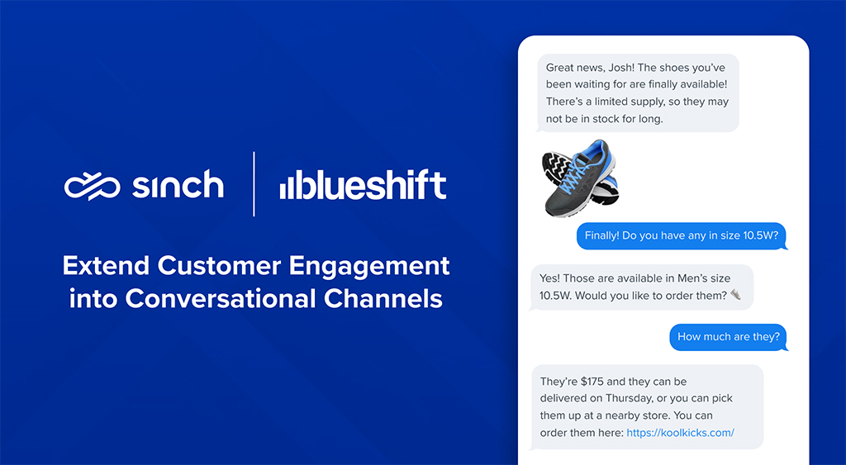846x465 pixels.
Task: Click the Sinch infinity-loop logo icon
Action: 92,187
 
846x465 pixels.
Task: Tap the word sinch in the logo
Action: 178,185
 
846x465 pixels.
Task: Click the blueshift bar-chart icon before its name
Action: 290,187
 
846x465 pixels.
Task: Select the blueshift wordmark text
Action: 373,184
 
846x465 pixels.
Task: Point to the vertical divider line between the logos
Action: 254,184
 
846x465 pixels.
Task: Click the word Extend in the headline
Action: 106,265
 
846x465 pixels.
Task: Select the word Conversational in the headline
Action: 220,299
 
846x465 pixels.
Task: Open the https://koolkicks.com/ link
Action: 681,433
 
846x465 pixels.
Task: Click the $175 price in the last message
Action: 592,382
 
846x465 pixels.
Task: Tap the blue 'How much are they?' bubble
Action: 729,337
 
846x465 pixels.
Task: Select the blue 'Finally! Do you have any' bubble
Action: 682,235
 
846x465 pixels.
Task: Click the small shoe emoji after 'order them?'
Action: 735,295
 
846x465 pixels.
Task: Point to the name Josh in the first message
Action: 621,68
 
